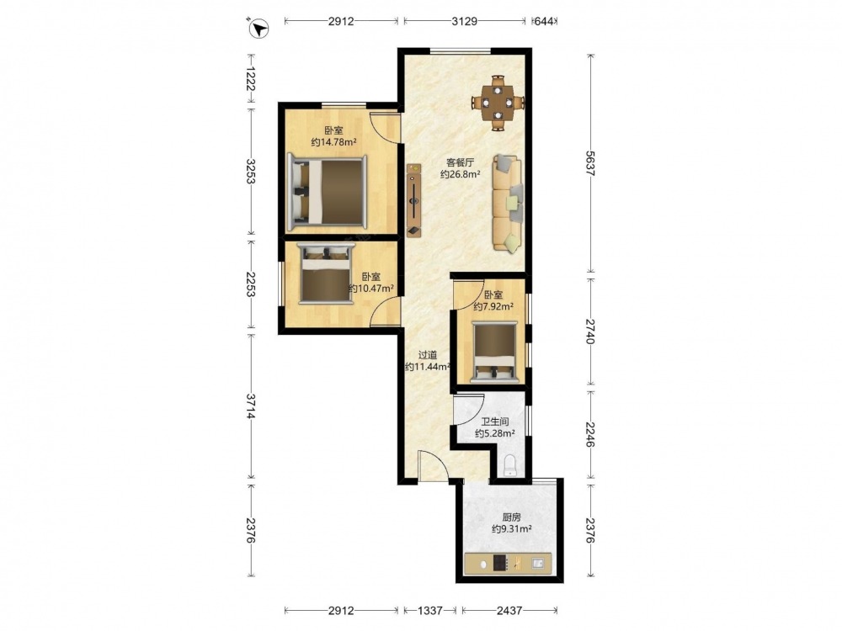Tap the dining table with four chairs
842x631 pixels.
[x=498, y=103]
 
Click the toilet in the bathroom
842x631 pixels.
[x=510, y=465]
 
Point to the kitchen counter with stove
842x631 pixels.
[x=508, y=564]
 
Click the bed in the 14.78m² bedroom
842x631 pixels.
[x=328, y=192]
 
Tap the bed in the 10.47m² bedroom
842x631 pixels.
[x=327, y=273]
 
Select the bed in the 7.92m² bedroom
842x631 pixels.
[x=494, y=352]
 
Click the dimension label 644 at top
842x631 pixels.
[x=545, y=21]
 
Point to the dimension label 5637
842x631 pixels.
[x=590, y=164]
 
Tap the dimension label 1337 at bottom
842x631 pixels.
[x=429, y=610]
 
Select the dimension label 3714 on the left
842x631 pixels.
[x=251, y=406]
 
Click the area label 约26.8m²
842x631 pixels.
[x=461, y=174]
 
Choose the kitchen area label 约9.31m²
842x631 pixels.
[x=512, y=529]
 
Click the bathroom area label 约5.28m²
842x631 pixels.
[x=495, y=433]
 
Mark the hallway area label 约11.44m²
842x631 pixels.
[x=428, y=367]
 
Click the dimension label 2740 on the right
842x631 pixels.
[x=590, y=331]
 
